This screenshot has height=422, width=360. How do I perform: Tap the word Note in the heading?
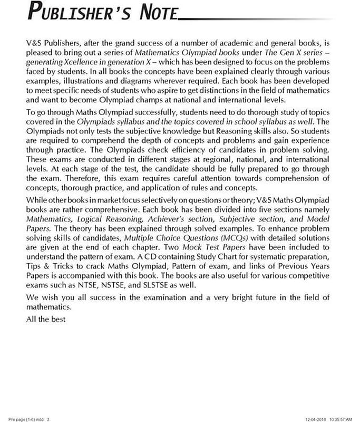(x=154, y=12)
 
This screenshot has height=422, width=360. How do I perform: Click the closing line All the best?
(x=45, y=320)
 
